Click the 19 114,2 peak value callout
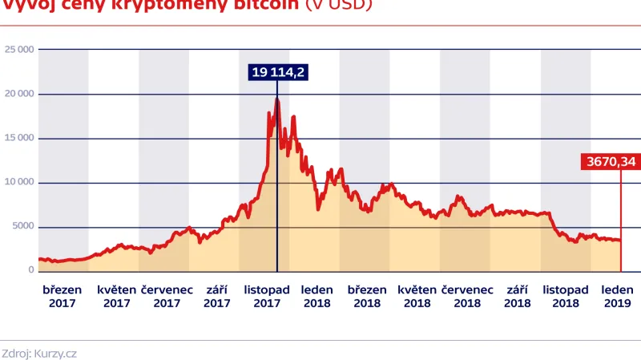tap(278, 73)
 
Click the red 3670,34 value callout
tap(611, 162)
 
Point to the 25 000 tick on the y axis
tap(19, 50)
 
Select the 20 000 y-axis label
tap(19, 94)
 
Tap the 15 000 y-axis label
tap(19, 138)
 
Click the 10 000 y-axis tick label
tap(19, 182)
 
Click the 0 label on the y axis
tap(30, 270)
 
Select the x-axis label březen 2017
tap(62, 296)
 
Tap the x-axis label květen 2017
tap(117, 296)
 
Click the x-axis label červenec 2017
tap(167, 296)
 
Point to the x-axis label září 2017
tap(217, 296)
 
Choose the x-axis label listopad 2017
tap(267, 296)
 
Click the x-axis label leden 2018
tap(317, 296)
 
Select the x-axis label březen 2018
tap(367, 296)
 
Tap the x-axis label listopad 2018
tap(566, 296)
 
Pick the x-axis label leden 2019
tap(618, 296)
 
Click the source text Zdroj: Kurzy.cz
tap(39, 352)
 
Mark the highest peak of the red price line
tap(277, 99)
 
